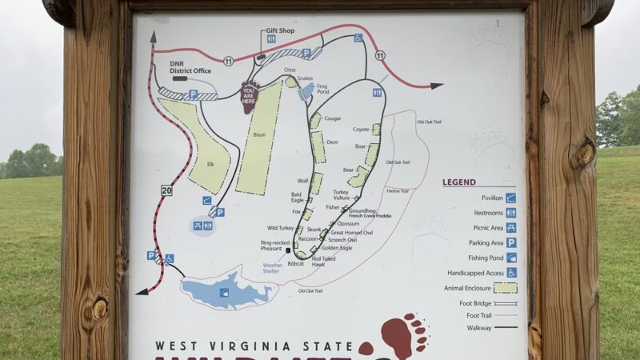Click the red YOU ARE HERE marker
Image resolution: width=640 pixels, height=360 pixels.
pos(250,95)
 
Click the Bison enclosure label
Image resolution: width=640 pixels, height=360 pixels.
pos(258,135)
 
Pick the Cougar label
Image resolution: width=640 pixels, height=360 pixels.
pos(332,118)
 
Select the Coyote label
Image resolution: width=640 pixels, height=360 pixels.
pos(361,129)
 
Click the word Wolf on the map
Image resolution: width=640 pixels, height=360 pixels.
pos(302,181)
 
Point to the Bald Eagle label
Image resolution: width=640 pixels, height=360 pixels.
pos(296,197)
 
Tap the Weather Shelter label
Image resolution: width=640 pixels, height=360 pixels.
pos(272,267)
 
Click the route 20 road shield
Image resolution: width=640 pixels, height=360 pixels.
pos(166,190)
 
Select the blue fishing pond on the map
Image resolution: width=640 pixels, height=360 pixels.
pos(227,290)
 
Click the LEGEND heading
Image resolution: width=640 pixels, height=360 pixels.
pos(459,182)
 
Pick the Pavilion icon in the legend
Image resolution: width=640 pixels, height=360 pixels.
pos(510,198)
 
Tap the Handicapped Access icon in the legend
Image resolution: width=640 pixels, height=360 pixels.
pos(510,272)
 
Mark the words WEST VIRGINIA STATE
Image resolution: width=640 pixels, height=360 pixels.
pos(253,346)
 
